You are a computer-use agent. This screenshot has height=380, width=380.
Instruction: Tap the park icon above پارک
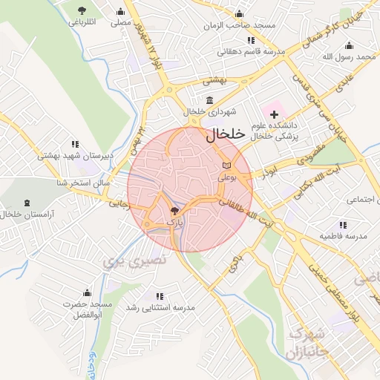click(x=174, y=211)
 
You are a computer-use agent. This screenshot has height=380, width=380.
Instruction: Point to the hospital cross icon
click(x=275, y=114)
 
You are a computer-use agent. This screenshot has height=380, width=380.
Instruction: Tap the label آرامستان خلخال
click(x=27, y=214)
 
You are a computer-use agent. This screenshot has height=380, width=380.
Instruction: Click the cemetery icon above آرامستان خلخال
click(x=27, y=203)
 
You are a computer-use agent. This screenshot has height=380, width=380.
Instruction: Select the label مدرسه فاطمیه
click(x=343, y=236)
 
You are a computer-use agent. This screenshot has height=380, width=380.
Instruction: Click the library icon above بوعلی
click(x=226, y=165)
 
